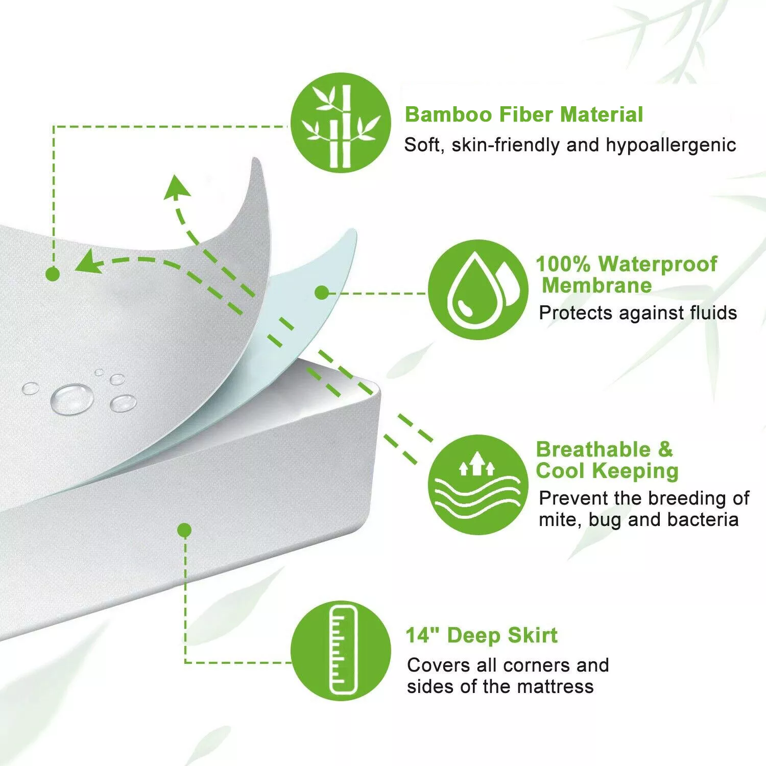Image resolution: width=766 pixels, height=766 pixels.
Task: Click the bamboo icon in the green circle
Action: click(341, 126)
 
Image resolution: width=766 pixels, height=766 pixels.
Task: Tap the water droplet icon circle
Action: click(477, 290)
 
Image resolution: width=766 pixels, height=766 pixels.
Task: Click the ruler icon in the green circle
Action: click(341, 650)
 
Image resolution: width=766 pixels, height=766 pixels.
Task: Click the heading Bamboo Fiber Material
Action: click(523, 114)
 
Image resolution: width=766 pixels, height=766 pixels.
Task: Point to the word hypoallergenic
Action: click(671, 145)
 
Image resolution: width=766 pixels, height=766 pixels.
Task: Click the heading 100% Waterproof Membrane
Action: click(626, 275)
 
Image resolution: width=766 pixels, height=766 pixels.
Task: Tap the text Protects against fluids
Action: click(637, 313)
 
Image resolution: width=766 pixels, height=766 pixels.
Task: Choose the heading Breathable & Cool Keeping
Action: click(607, 460)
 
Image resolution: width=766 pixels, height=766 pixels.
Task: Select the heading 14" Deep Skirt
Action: click(481, 636)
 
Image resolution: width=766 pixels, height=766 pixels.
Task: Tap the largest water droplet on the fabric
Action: click(72, 398)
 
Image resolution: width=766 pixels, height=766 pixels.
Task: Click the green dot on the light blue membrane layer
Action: click(321, 293)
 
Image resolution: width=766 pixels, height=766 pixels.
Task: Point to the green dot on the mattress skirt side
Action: click(185, 530)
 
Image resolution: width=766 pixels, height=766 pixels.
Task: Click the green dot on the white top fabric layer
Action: click(53, 274)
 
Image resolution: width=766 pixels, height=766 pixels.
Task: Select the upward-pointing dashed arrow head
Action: click(178, 186)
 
